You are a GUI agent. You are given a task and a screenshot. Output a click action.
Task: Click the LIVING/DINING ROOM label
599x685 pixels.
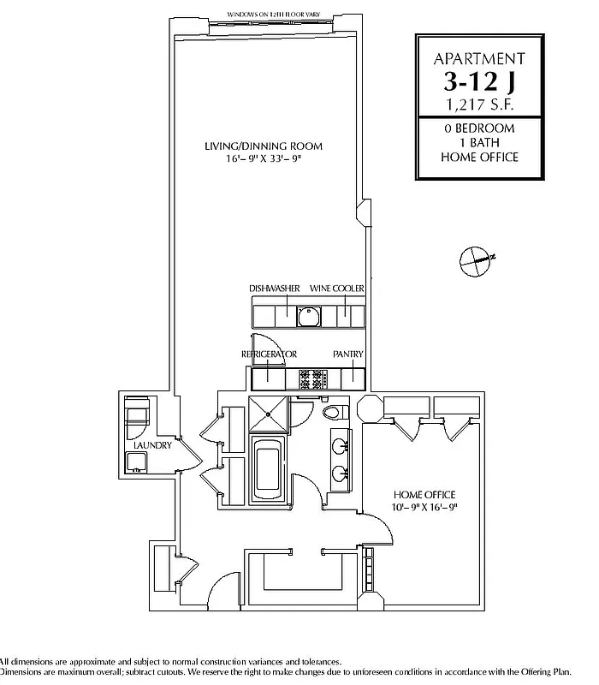tap(263, 146)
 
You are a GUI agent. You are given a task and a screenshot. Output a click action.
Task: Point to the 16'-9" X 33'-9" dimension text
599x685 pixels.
tap(263, 158)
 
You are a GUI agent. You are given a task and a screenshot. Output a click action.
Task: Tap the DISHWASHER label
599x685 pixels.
tap(274, 289)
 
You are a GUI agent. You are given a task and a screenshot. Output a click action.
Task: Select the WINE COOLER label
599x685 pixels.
tap(343, 289)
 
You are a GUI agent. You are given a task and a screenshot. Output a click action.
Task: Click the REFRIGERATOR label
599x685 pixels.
tap(269, 354)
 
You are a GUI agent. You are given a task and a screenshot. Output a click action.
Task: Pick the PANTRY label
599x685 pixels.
tap(348, 354)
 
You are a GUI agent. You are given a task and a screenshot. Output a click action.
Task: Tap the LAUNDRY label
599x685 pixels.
tap(153, 445)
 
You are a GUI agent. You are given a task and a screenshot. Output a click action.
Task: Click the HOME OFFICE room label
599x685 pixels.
tap(424, 495)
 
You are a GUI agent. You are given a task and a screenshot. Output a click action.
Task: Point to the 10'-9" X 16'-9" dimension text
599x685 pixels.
tap(424, 507)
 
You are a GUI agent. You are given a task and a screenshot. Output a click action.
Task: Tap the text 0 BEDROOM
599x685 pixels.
tap(478, 128)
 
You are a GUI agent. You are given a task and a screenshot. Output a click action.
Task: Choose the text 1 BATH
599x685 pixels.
tap(478, 142)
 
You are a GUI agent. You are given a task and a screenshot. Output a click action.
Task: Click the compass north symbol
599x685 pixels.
tap(475, 258)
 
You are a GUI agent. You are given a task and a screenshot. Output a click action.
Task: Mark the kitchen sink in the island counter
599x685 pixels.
tap(308, 317)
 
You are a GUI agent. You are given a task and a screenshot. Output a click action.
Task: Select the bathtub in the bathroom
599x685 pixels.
tap(268, 468)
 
